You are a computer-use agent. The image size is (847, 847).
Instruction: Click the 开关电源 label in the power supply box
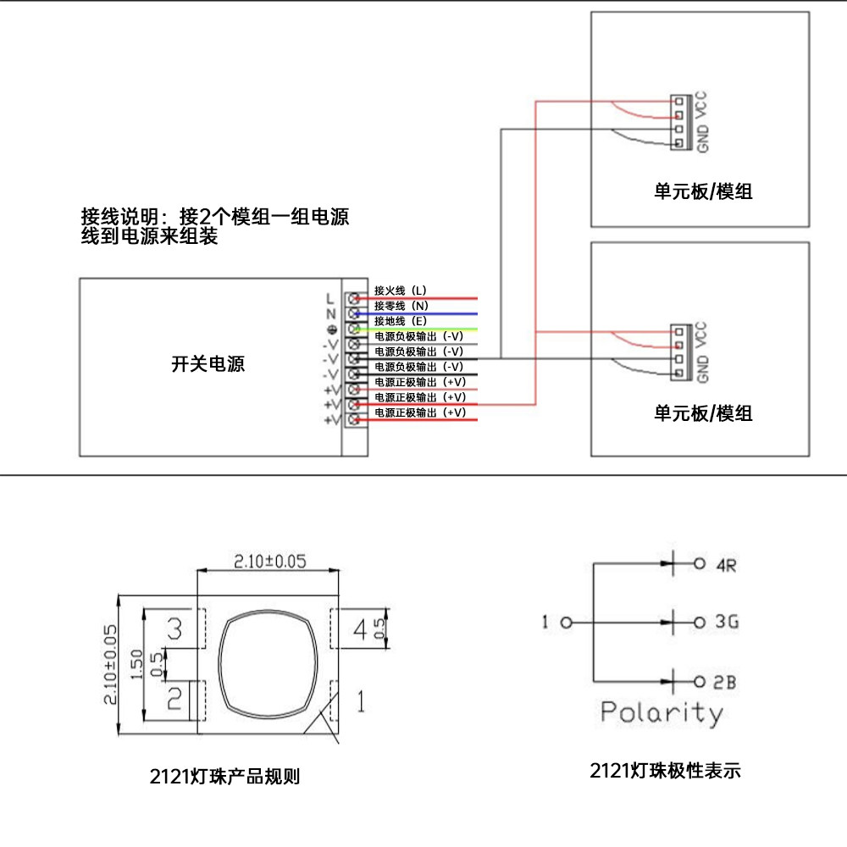click(x=208, y=363)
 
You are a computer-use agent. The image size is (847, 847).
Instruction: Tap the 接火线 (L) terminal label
click(x=401, y=291)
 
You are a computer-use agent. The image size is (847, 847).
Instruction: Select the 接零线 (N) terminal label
click(x=401, y=306)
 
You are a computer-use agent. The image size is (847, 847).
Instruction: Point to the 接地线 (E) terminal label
click(x=401, y=321)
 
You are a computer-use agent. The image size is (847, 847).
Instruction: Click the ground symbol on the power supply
click(x=332, y=329)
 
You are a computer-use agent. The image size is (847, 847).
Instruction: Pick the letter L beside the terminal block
click(x=330, y=299)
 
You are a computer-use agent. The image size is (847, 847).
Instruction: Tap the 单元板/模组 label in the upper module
click(x=703, y=191)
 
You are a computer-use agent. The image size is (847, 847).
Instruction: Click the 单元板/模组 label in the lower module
click(x=703, y=413)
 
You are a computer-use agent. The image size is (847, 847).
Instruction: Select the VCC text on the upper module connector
click(x=701, y=105)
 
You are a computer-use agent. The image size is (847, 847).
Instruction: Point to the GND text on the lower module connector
click(x=702, y=369)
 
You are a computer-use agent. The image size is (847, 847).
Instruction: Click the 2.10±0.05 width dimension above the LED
click(x=269, y=562)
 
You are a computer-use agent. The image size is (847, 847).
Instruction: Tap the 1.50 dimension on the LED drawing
click(x=136, y=664)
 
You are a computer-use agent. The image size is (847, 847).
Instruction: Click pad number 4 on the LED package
click(x=360, y=629)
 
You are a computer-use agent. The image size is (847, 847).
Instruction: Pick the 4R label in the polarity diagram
click(x=727, y=565)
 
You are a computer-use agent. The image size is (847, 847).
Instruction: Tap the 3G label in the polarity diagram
click(x=727, y=622)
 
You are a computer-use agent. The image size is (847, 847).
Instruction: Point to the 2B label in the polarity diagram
click(x=725, y=682)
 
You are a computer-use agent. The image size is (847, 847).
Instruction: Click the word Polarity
click(x=662, y=713)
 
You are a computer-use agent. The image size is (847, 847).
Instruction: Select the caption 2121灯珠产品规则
click(x=224, y=776)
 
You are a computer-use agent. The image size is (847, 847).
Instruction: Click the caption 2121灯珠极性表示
click(x=665, y=770)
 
